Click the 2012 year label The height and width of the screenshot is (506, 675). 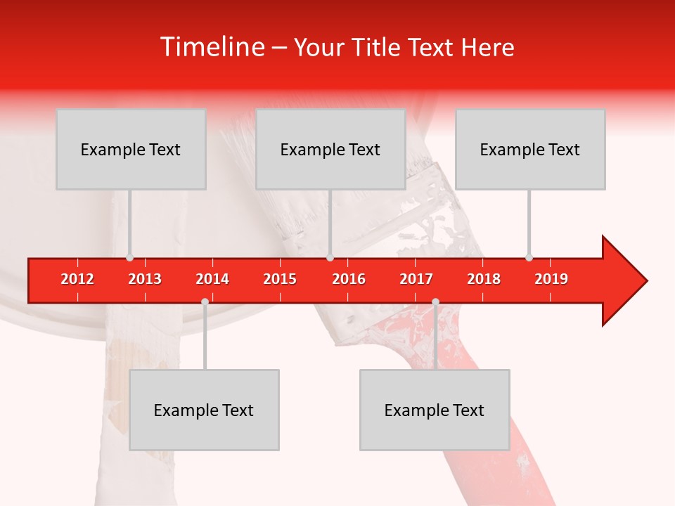click(77, 279)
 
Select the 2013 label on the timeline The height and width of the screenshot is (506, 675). click(145, 279)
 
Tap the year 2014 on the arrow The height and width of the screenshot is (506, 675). click(212, 279)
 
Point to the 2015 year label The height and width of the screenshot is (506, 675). click(280, 279)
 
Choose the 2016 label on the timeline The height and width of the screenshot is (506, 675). click(349, 279)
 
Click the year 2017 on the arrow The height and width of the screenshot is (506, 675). click(416, 279)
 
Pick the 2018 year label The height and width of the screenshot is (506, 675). click(484, 279)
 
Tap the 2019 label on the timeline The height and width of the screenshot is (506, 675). click(551, 279)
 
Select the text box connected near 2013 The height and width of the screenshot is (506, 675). click(131, 149)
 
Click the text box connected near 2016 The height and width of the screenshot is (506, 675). click(330, 149)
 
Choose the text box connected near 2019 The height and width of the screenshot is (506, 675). click(530, 149)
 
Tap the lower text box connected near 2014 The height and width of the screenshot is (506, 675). click(204, 410)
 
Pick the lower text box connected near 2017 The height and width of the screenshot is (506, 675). click(435, 410)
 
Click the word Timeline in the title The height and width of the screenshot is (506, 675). click(212, 47)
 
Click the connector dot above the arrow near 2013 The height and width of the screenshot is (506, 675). click(129, 258)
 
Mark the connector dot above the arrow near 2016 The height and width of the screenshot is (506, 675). click(330, 258)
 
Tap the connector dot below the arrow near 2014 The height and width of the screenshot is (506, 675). click(205, 301)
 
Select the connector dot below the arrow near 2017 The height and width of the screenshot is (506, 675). click(435, 301)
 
